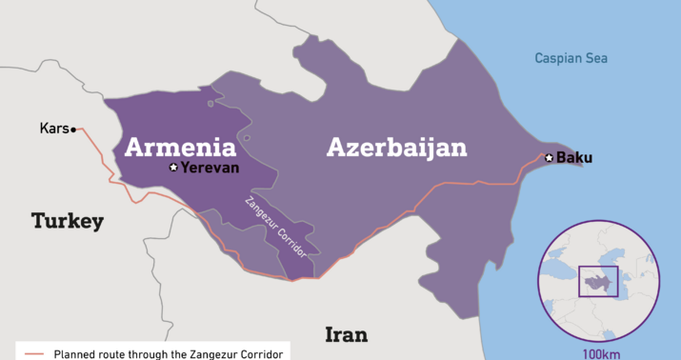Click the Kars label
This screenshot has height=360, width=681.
point(53,129)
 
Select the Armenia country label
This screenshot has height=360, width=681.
point(181,148)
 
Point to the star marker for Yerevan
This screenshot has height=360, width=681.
point(173,168)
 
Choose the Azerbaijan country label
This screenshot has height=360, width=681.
point(397,148)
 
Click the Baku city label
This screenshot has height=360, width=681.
point(574,157)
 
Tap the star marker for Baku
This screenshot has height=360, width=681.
point(549,157)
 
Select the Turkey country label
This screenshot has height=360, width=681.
point(67,221)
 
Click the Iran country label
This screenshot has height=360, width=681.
point(346,334)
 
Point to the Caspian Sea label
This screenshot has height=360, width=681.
point(571,59)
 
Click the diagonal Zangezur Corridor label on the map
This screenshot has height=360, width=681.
point(277,229)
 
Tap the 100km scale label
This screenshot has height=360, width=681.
point(602,353)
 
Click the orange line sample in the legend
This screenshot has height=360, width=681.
point(34,352)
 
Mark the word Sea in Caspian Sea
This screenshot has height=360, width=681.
point(596,59)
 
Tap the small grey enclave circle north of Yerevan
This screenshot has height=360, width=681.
point(247,138)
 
